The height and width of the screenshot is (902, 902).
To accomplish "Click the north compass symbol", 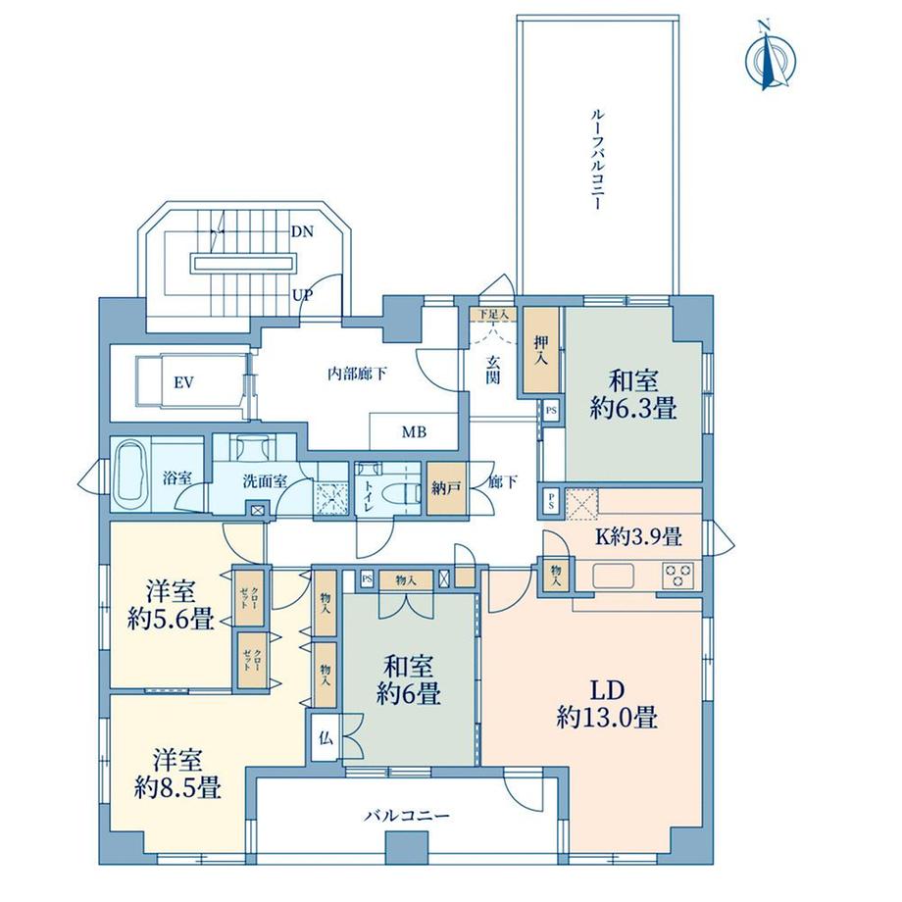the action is (x=770, y=56).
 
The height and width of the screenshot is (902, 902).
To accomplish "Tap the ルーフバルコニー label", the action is (x=596, y=159).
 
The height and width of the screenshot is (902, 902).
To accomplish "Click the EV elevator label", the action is (x=184, y=382).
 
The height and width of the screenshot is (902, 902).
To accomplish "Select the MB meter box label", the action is (x=414, y=432).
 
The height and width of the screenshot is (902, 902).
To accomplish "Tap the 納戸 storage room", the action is (x=446, y=488).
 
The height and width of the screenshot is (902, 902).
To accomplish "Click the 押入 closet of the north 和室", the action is (x=541, y=350).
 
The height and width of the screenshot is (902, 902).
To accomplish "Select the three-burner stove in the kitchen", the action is (x=678, y=576).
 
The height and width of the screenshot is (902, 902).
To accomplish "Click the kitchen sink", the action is (x=613, y=576).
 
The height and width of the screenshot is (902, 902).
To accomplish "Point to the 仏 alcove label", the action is (x=326, y=738).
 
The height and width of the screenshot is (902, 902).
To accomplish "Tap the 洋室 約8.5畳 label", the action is (x=177, y=774).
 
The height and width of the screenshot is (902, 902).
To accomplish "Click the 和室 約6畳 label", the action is (x=409, y=680).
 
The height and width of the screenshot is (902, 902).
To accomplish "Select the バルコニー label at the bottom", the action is (x=407, y=816).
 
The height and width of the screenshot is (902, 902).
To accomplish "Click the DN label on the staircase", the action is (x=302, y=231).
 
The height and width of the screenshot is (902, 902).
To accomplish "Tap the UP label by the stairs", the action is (x=302, y=296).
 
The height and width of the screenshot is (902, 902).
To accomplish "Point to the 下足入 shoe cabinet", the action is (x=492, y=314).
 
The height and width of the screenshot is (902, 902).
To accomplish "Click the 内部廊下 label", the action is (x=357, y=375).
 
